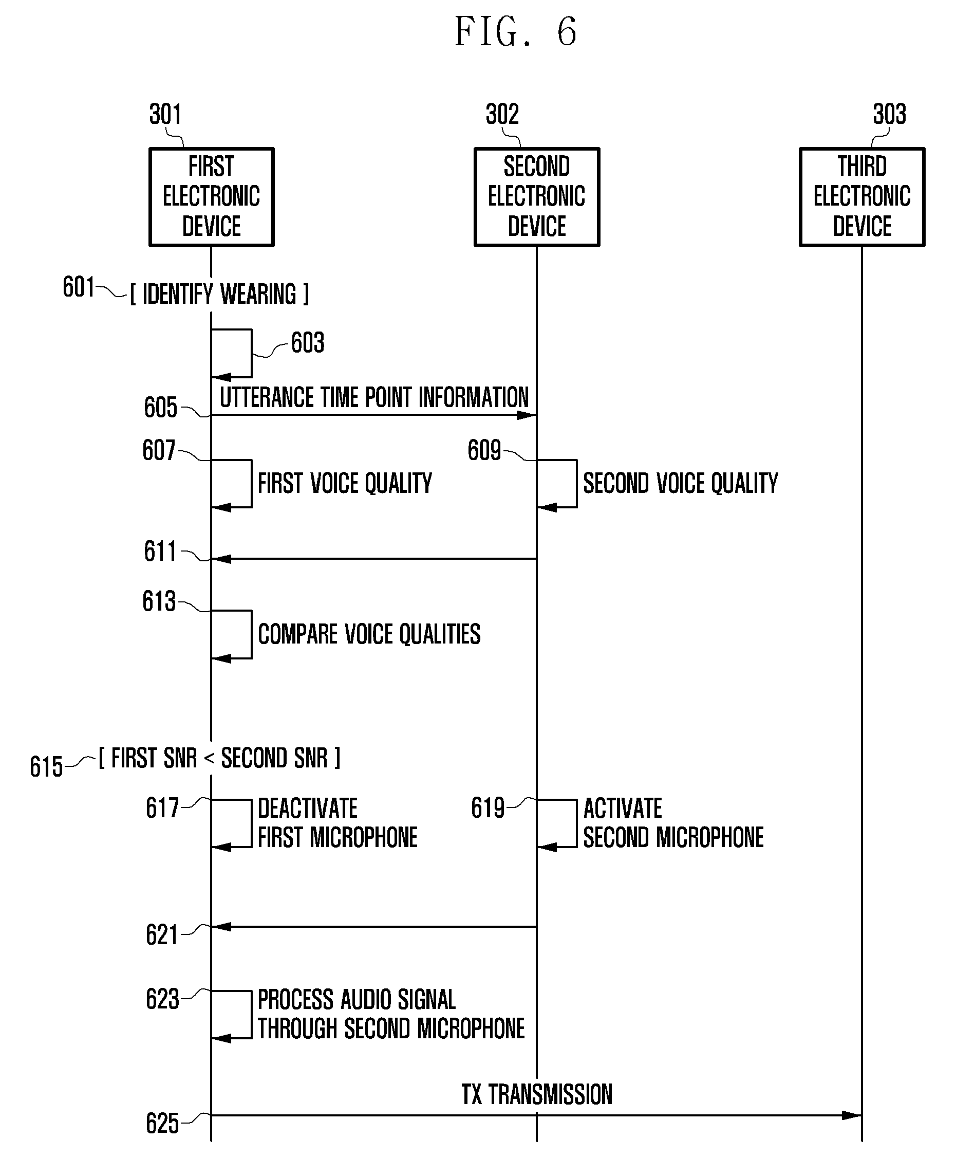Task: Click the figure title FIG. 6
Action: [516, 31]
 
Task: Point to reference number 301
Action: [165, 114]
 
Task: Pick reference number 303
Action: [889, 114]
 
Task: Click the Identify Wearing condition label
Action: [219, 293]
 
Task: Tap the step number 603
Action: [308, 342]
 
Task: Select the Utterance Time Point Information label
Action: [374, 397]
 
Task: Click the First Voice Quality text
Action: [345, 483]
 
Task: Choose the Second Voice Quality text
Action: [681, 483]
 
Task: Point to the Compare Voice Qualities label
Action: [369, 634]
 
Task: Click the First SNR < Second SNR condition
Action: [219, 758]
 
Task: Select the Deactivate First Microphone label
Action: [338, 822]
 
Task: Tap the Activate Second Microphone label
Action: [673, 822]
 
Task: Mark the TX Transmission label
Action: [537, 1094]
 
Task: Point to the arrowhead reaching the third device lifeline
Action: [852, 1116]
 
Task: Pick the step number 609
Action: [484, 450]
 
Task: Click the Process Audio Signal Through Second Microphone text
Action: [391, 1014]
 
